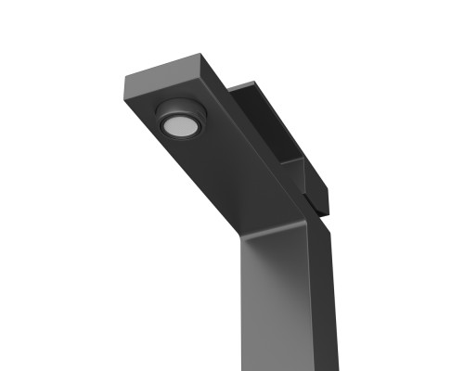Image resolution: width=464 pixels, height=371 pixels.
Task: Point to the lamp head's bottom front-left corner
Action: tap(127, 97)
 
